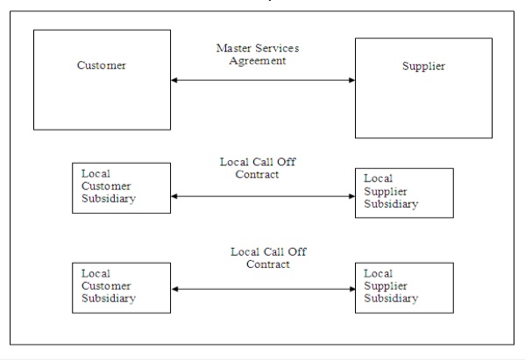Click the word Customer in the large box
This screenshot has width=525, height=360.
coord(102,65)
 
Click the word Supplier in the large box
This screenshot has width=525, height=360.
coord(423,67)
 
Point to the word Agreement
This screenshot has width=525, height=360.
coord(258,61)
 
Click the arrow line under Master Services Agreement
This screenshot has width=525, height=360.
coord(263,80)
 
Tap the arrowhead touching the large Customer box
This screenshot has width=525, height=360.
coord(174,80)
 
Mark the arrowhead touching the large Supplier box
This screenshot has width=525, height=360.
coord(351,80)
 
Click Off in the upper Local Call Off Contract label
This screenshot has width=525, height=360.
coord(287,162)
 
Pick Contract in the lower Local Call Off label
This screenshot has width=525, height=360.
coord(268,265)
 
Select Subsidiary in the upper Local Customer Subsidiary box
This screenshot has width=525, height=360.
coord(109,199)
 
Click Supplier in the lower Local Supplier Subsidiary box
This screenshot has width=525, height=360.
coord(386,286)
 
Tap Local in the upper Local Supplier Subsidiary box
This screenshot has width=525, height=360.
coord(378,179)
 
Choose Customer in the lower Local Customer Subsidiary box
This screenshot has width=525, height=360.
coord(106,286)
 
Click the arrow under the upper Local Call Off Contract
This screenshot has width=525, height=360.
coord(263,196)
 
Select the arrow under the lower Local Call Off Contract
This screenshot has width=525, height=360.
coord(264,289)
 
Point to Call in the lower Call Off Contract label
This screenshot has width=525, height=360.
coord(273,251)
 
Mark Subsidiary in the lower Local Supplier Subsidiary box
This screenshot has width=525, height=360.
coord(391,299)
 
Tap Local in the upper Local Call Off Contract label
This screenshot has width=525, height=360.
coord(234,162)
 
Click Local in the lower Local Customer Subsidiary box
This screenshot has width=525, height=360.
coord(96,273)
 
